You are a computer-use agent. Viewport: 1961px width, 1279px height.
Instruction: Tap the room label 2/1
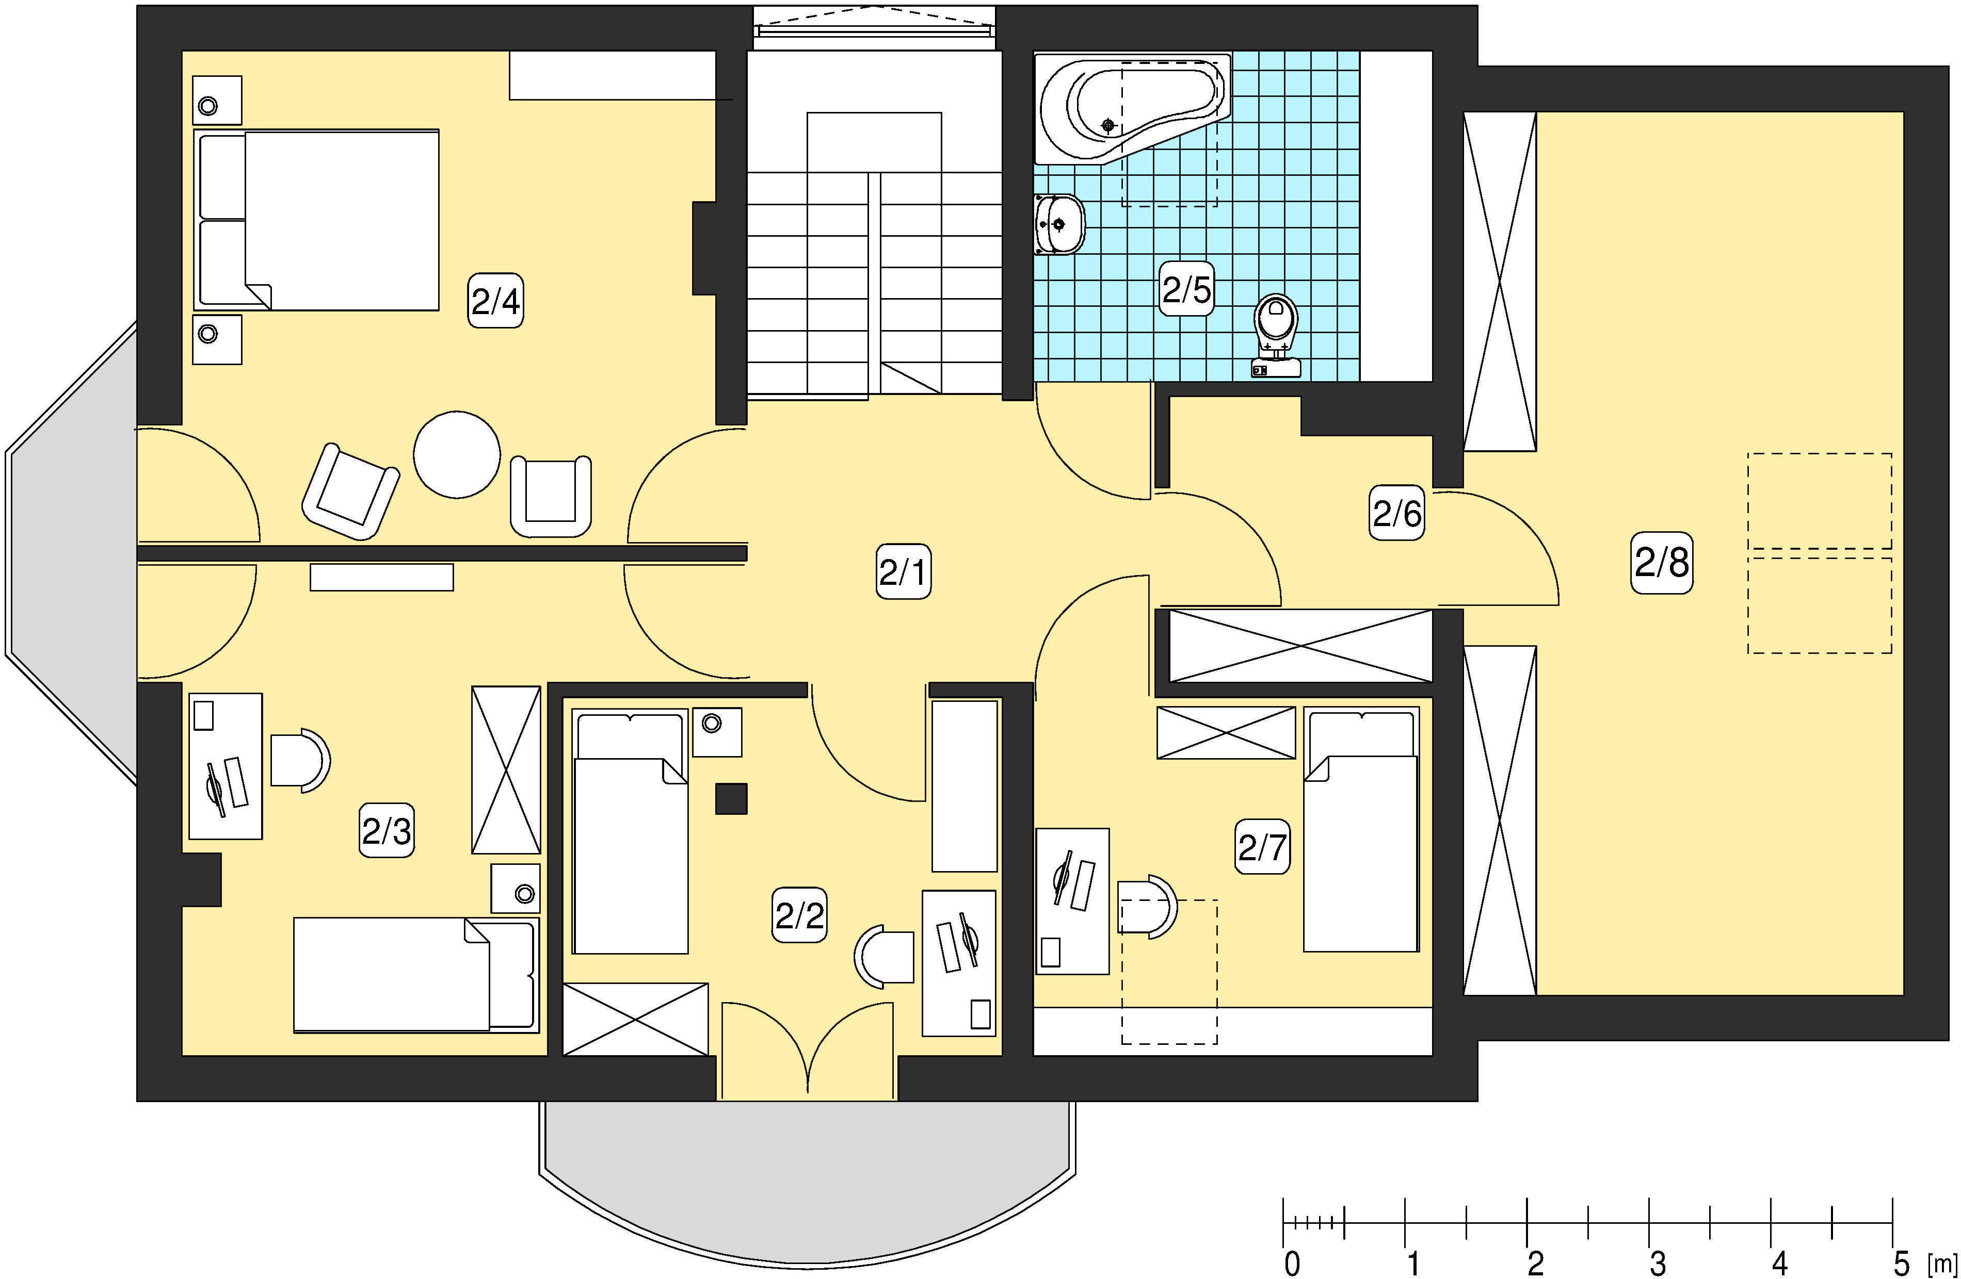(x=903, y=571)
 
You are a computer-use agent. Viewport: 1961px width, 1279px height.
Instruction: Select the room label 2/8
(x=1662, y=563)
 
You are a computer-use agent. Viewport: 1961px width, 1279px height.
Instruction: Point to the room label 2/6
(x=1396, y=513)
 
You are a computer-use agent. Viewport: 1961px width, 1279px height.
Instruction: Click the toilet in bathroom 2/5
(x=1276, y=335)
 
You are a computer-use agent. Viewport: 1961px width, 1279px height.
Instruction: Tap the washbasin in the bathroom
(x=1059, y=224)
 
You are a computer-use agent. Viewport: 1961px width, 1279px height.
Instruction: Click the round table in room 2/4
(x=457, y=454)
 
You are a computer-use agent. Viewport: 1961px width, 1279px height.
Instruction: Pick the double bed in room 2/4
(x=316, y=220)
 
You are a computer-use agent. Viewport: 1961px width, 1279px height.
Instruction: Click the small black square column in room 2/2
(x=731, y=799)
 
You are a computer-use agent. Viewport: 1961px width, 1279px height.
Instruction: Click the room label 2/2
(x=799, y=915)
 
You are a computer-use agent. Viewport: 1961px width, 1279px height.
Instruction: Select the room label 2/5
(x=1186, y=289)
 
